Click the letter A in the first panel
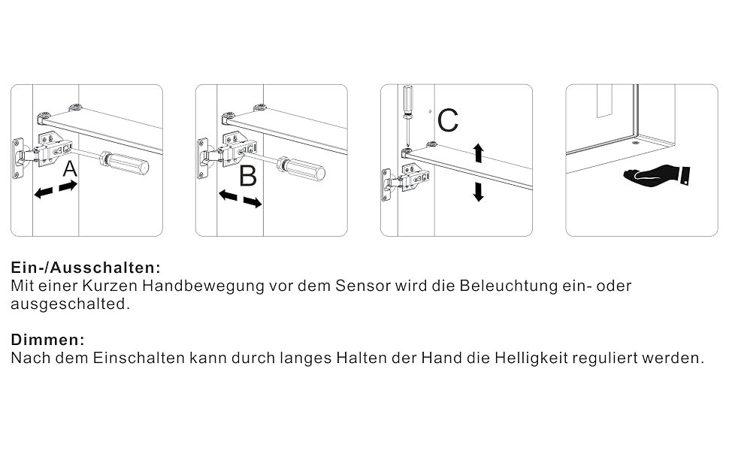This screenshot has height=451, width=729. coord(70,169)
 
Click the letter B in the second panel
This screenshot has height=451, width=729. coord(248,177)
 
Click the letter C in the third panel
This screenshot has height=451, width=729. coord(448,120)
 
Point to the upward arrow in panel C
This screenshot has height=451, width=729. coord(479,153)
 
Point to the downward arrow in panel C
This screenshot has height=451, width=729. coord(479,192)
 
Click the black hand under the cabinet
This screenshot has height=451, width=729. coord(656,175)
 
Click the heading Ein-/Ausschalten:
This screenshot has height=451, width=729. coord(86,268)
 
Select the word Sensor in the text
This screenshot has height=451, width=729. coord(363,286)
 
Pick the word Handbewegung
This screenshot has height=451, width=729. coord(203,286)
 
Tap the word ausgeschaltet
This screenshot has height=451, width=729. coord(70,304)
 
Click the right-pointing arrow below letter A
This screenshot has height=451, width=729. coord(68,186)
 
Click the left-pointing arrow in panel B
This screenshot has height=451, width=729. coord(228,195)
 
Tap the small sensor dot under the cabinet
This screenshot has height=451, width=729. coord(637,144)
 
